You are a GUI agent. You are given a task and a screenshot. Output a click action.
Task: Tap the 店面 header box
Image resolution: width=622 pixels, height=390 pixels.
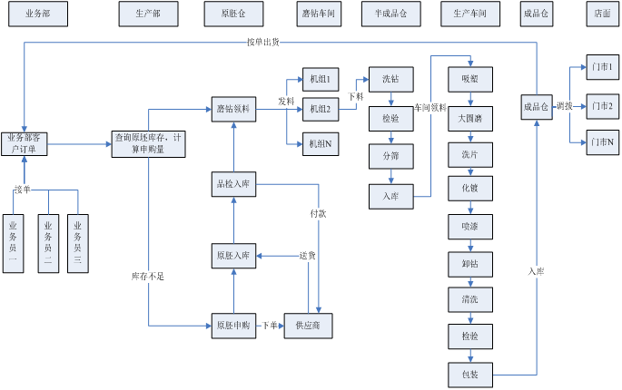point(601,14)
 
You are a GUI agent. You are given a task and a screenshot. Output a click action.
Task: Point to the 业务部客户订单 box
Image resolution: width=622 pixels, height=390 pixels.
point(24,142)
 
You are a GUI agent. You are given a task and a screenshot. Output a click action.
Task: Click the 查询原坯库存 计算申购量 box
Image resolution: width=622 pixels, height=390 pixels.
point(148,142)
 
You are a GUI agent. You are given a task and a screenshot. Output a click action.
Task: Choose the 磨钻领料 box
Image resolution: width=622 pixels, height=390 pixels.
point(233,110)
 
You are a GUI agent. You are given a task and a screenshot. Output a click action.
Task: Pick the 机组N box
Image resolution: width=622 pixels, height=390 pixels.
point(319,143)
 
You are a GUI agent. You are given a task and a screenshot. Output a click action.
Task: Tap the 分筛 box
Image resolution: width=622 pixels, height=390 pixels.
point(390,156)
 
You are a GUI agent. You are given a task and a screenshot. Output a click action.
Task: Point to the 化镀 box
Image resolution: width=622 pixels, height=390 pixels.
point(469,188)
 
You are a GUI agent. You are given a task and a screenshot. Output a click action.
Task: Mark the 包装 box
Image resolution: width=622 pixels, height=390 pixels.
point(469,372)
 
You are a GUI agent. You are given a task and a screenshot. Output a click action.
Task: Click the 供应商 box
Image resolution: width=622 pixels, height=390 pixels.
point(308,324)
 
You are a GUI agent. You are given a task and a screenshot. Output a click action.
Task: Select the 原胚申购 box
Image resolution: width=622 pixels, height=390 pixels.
point(233,324)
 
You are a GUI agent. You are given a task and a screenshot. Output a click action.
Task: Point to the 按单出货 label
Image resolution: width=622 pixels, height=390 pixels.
point(263,42)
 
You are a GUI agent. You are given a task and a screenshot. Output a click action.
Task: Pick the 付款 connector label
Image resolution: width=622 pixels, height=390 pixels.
point(318,214)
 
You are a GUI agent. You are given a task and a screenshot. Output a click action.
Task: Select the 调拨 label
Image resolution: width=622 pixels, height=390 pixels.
point(564,106)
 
